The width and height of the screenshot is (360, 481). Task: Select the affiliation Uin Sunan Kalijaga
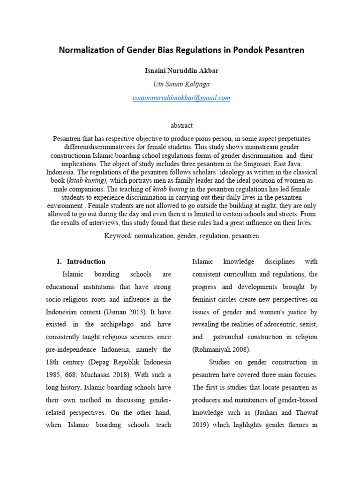(x=181, y=85)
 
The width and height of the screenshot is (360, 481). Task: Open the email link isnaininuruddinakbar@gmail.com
(x=181, y=98)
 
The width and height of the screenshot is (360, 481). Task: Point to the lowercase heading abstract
(x=181, y=125)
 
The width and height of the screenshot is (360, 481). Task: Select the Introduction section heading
(x=86, y=262)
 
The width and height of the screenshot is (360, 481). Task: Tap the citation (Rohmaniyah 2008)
(x=221, y=349)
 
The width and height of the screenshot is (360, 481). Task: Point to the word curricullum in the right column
(x=250, y=274)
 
